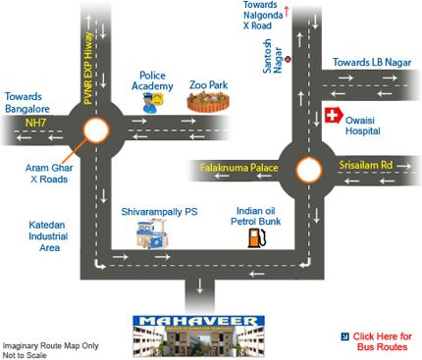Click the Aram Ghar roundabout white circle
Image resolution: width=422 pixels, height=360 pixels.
tap(95, 130)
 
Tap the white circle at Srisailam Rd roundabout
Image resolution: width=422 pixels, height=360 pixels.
tap(308, 170)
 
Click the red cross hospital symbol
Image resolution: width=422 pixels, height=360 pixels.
tap(334, 116)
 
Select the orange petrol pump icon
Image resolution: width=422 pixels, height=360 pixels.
tap(256, 237)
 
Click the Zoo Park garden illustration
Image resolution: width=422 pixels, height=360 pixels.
tap(208, 102)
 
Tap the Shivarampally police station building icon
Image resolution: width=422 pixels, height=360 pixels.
tap(152, 233)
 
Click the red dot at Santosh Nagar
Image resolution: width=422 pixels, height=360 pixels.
tap(288, 59)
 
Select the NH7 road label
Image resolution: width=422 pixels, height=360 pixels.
tap(35, 123)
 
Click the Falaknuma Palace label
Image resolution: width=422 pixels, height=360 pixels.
tap(239, 168)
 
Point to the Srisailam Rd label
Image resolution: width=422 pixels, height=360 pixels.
tap(366, 165)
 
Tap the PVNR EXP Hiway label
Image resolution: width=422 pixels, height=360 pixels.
tap(88, 68)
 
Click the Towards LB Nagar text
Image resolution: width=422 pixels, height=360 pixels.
tap(372, 62)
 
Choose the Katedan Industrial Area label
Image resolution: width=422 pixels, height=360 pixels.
tap(48, 236)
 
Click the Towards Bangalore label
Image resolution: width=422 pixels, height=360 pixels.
tap(27, 102)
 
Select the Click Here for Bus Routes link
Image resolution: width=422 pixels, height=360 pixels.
tap(382, 341)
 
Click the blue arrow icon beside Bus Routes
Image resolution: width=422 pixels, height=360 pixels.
tap(344, 336)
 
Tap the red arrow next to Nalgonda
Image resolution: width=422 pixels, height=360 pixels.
tap(287, 12)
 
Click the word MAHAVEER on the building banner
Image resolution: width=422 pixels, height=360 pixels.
tap(198, 321)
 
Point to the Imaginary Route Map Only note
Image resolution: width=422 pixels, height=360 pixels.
tap(50, 345)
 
